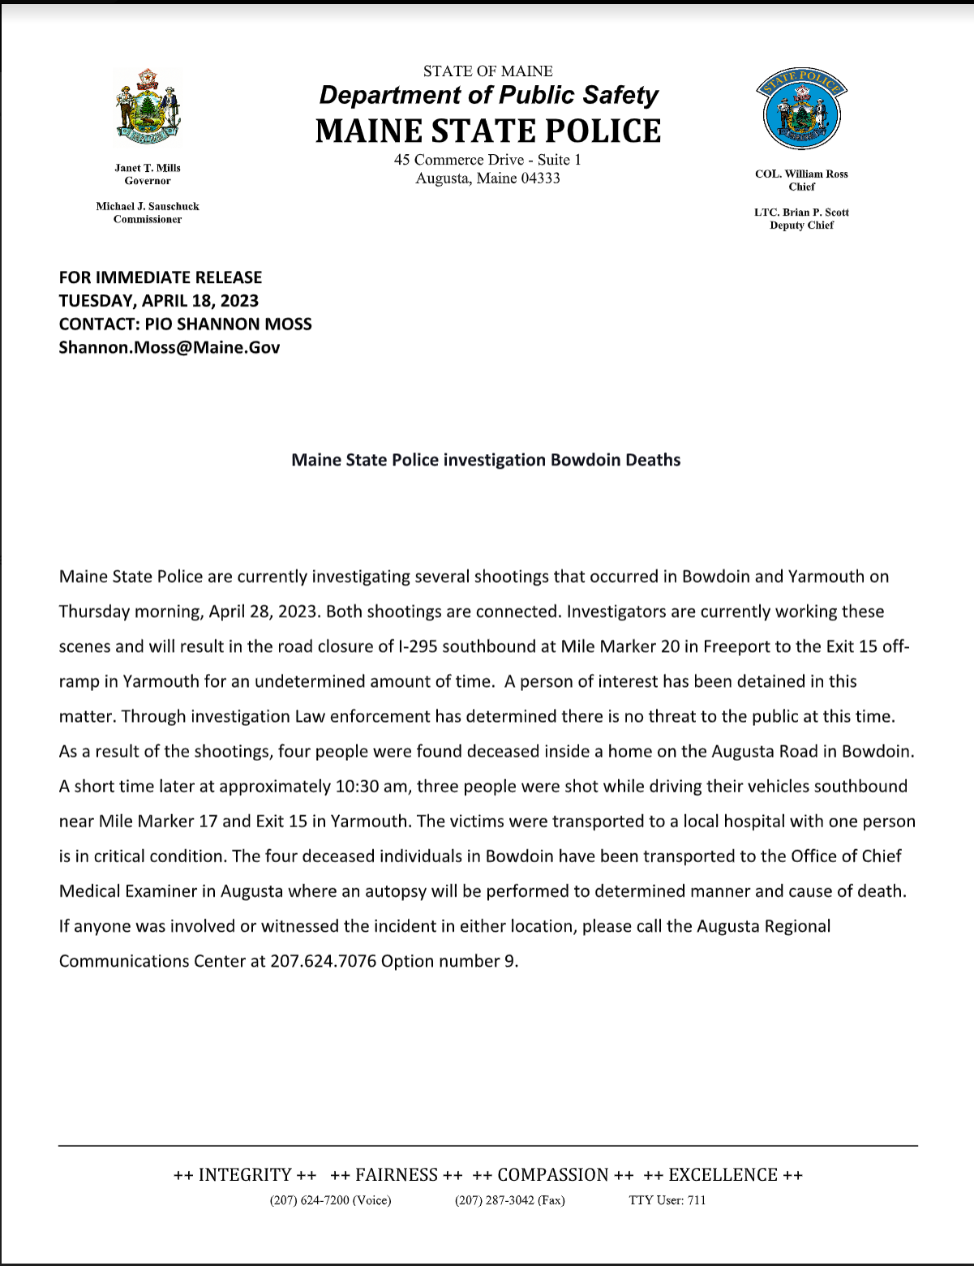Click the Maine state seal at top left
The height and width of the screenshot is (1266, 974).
pos(148,108)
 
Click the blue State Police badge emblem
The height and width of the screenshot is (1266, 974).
pos(801,109)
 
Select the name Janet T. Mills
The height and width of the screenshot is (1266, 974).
pos(148,168)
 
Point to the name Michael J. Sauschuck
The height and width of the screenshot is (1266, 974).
pos(148,206)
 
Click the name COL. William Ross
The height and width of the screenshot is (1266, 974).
pos(801,174)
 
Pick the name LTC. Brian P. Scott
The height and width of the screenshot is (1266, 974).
pos(801,212)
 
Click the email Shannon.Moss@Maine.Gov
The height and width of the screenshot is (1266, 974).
pos(169,347)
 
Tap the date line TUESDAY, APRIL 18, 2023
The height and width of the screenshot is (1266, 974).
pos(159,301)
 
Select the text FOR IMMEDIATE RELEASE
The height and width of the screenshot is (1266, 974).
pos(161,277)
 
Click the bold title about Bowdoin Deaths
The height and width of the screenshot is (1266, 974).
pos(486,460)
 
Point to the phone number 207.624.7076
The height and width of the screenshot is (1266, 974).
pos(323,961)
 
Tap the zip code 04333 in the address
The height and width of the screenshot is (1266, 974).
pos(540,178)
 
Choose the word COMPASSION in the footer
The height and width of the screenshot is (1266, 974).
pos(553,1175)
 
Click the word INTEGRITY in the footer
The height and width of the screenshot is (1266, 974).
pos(245,1175)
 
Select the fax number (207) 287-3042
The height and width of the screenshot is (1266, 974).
pos(510,1200)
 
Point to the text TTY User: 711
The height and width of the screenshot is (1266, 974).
pos(667,1200)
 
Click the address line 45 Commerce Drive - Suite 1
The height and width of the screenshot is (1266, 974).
pos(487,160)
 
